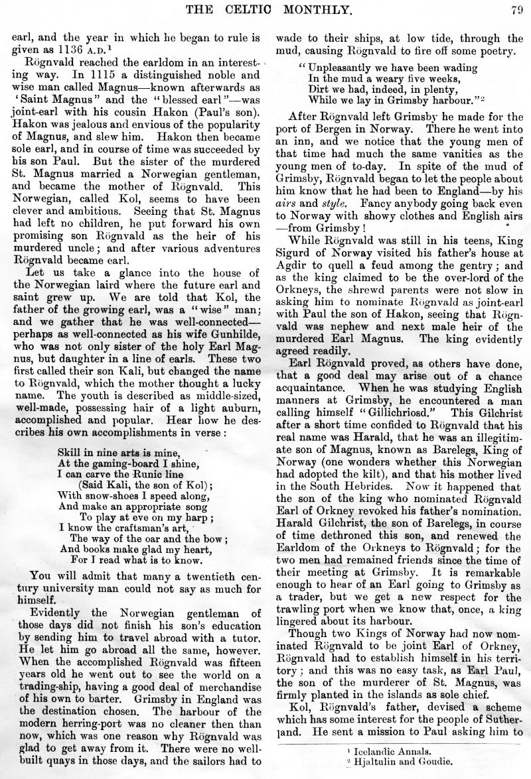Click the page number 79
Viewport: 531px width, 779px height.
[x=518, y=9]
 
